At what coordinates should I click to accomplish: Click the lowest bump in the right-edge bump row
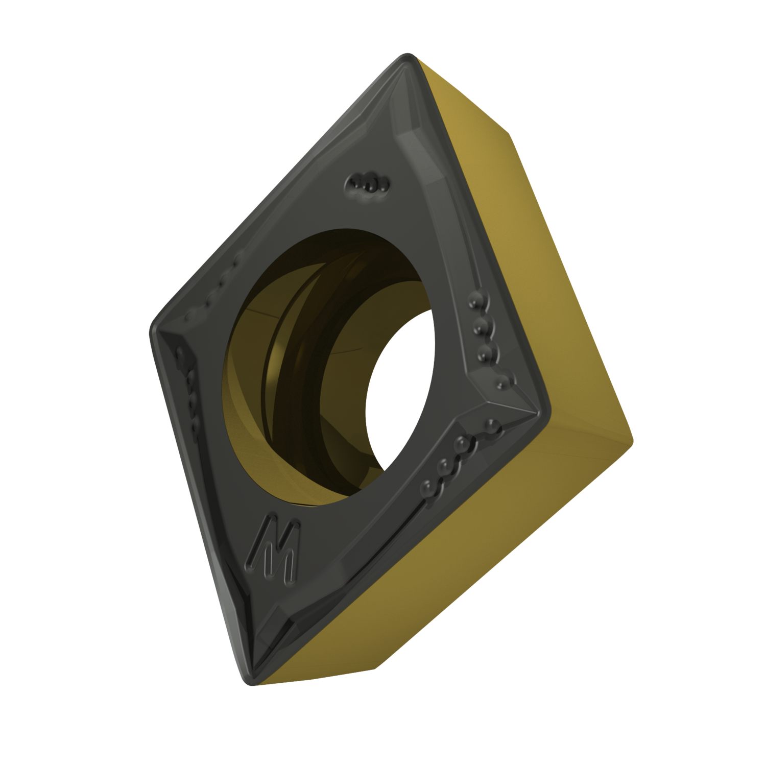coord(503,380)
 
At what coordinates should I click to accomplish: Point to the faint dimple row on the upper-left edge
coord(214,291)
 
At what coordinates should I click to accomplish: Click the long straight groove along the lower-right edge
coord(357,552)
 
